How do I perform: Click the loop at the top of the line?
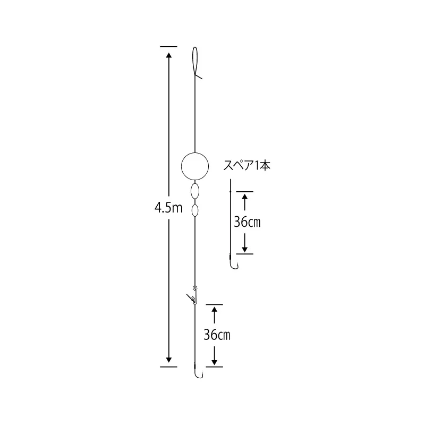point(193,59)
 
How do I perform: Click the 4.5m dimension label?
point(168,208)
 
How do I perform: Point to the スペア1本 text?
point(246,165)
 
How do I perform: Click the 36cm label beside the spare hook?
point(247,222)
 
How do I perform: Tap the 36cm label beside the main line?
point(217,335)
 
